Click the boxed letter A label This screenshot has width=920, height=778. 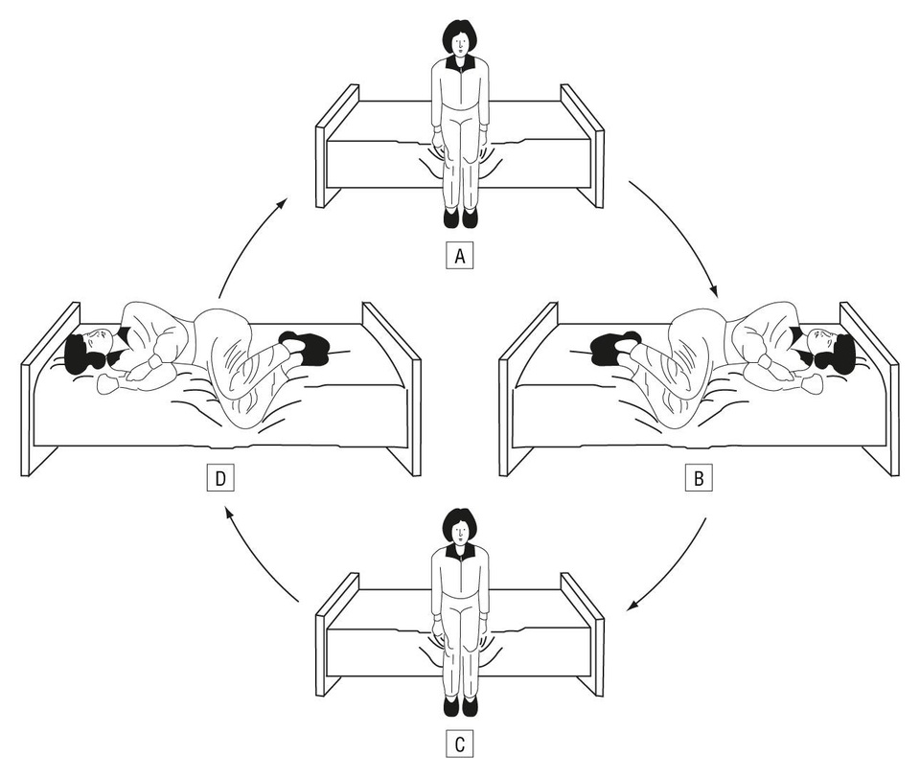[460, 257]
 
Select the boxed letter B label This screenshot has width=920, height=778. [699, 478]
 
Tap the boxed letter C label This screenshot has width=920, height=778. [460, 744]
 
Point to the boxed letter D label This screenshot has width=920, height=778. [220, 478]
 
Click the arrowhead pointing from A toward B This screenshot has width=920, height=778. [714, 290]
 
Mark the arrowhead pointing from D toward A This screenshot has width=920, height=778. [281, 203]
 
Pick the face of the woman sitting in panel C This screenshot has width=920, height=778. [461, 532]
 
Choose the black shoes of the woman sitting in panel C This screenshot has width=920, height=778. [461, 707]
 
